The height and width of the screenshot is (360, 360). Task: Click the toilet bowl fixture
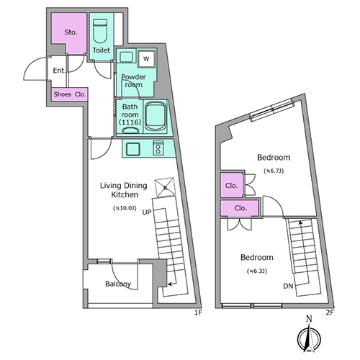coord(100,31)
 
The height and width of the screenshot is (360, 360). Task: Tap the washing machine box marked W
coord(146,59)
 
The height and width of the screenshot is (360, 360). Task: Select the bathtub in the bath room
coord(156,117)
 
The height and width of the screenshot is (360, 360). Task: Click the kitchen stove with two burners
coord(158,148)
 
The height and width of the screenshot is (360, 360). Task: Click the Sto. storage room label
coord(71,32)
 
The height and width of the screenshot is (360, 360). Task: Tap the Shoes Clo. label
coord(70,94)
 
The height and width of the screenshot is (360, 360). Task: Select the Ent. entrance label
coord(59,71)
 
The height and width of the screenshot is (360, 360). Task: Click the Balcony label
coord(118,284)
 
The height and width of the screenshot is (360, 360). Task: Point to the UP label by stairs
coord(147,212)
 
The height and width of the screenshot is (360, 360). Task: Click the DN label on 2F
coord(288,286)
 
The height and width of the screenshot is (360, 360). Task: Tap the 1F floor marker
coord(197,312)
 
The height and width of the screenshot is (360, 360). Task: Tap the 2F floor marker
coord(330,312)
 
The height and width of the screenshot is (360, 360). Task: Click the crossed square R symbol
coord(165,187)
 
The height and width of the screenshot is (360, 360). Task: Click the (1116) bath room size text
coord(130,122)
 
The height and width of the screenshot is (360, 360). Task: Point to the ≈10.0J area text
coord(125,208)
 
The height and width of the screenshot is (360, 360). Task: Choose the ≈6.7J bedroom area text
coord(274,171)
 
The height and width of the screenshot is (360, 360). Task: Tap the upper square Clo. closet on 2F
coord(232,185)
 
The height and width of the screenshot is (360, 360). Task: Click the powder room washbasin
coord(127,57)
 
